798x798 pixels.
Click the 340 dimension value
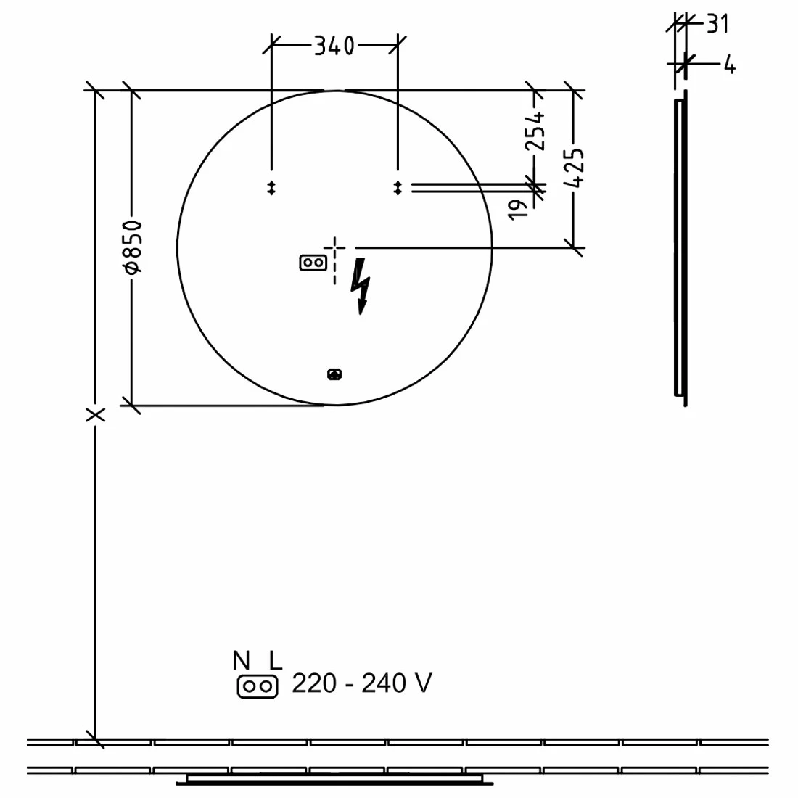334,46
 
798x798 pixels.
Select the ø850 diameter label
133,248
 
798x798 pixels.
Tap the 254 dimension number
535,131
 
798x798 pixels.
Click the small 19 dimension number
518,210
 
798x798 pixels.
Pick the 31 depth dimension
716,24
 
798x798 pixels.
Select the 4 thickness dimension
729,66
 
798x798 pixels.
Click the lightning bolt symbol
361,287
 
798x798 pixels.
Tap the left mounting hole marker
271,188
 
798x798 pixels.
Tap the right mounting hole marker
397,188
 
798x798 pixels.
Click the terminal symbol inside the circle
312,263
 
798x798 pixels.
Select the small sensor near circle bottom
334,374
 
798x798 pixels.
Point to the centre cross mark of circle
334,248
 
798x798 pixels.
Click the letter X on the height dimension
95,415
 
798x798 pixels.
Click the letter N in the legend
242,661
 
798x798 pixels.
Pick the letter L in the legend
274,661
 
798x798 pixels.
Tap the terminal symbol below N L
258,686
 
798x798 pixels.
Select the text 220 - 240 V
361,683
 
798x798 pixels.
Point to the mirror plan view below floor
335,780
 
